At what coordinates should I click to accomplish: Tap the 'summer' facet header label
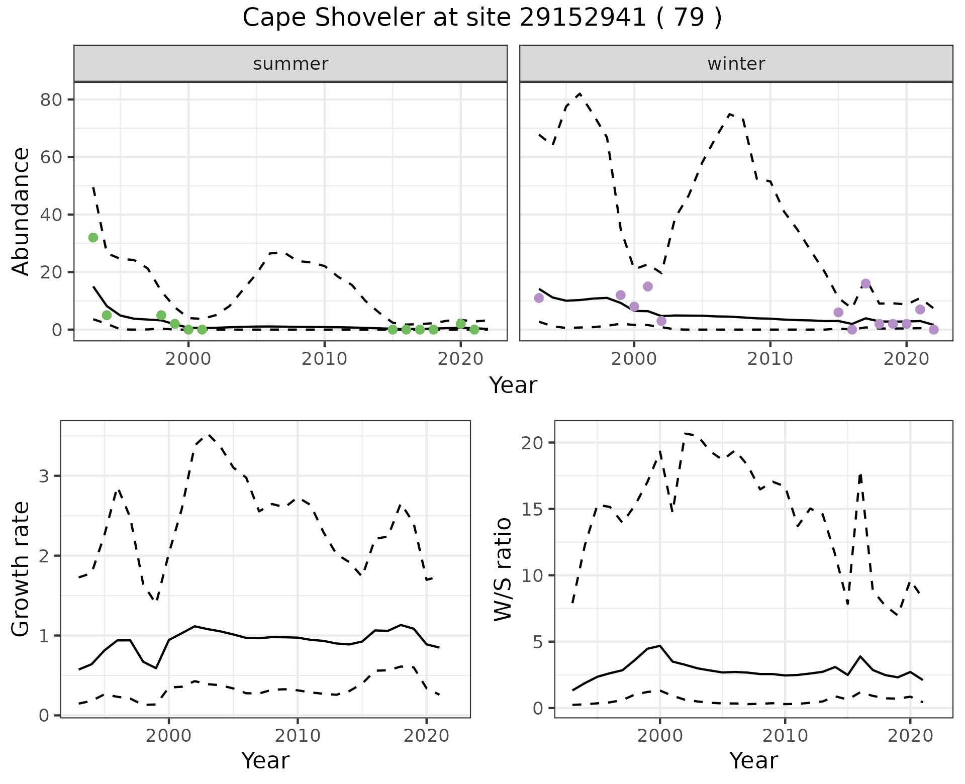[x=291, y=64]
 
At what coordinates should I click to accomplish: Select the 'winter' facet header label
[x=736, y=64]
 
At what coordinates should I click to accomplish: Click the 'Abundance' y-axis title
[x=21, y=211]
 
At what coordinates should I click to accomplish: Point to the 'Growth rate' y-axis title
[x=21, y=569]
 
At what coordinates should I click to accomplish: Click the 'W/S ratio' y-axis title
[x=503, y=569]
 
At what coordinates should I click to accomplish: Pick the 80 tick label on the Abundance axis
[x=50, y=100]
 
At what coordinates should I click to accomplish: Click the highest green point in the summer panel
[x=93, y=238]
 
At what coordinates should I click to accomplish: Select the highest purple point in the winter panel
[x=865, y=283]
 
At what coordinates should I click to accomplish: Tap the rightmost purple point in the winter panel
[x=934, y=330]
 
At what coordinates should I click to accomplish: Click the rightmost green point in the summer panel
[x=474, y=330]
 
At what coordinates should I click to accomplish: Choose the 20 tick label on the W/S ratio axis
[x=533, y=443]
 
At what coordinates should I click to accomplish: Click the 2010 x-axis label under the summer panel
[x=325, y=359]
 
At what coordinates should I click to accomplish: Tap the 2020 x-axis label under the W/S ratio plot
[x=910, y=736]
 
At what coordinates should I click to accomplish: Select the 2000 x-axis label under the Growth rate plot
[x=169, y=736]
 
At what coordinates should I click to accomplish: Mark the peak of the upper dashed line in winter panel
[x=580, y=94]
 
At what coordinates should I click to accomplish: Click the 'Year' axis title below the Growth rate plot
[x=265, y=760]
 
